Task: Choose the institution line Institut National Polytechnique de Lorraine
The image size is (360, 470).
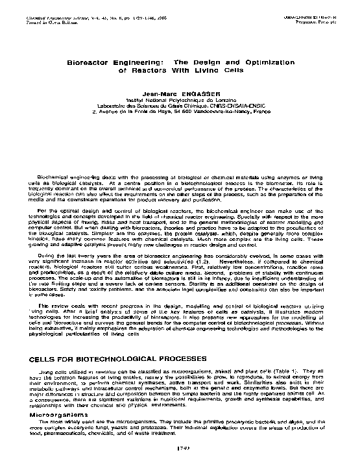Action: pyautogui.click(x=180, y=101)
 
